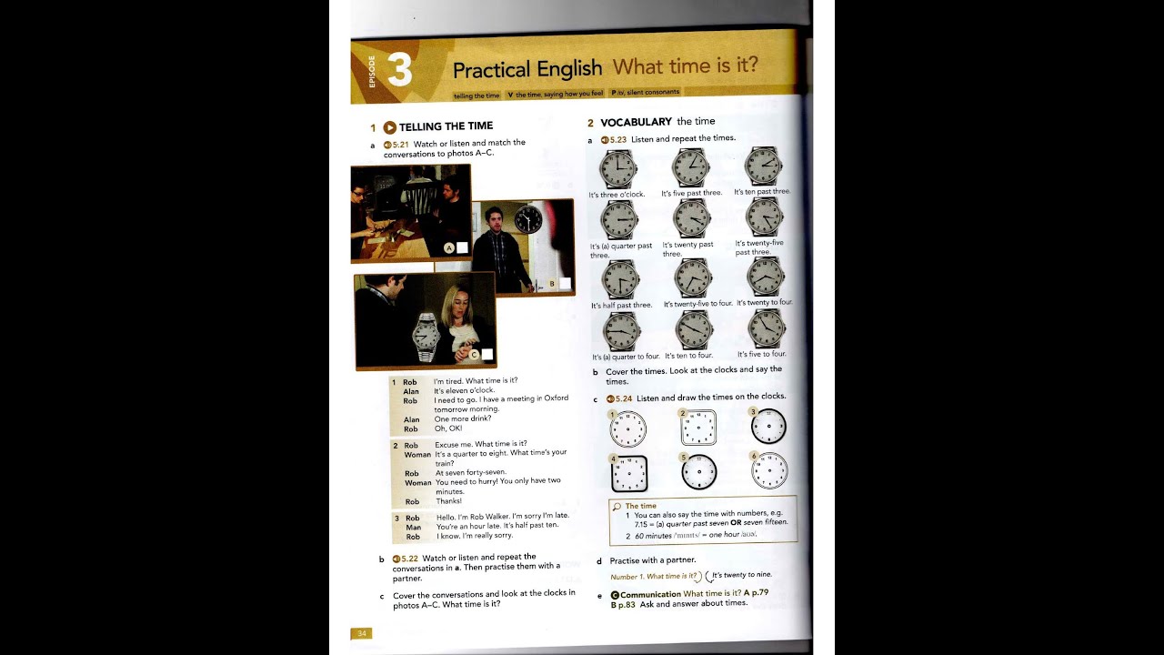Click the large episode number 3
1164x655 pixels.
[x=399, y=70]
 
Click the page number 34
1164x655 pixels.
[x=361, y=633]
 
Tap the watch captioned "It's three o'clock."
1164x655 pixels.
[x=618, y=168]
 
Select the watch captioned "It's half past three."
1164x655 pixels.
[x=620, y=279]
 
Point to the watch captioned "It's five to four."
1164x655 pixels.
[x=766, y=328]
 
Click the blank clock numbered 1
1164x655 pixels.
[x=627, y=428]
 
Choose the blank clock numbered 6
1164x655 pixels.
[x=769, y=470]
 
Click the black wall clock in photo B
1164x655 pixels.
[x=527, y=219]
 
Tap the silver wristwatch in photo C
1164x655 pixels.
[x=426, y=338]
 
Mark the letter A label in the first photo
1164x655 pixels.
[x=449, y=247]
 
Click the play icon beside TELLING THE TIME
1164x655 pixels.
[x=389, y=127]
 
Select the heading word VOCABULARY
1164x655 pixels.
[x=636, y=122]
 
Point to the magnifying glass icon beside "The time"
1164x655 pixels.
[x=617, y=506]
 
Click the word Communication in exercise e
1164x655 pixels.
[x=650, y=594]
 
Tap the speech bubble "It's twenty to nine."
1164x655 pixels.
[x=741, y=576]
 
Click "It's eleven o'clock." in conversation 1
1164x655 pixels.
[x=464, y=390]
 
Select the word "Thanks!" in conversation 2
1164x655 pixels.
[x=448, y=501]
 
